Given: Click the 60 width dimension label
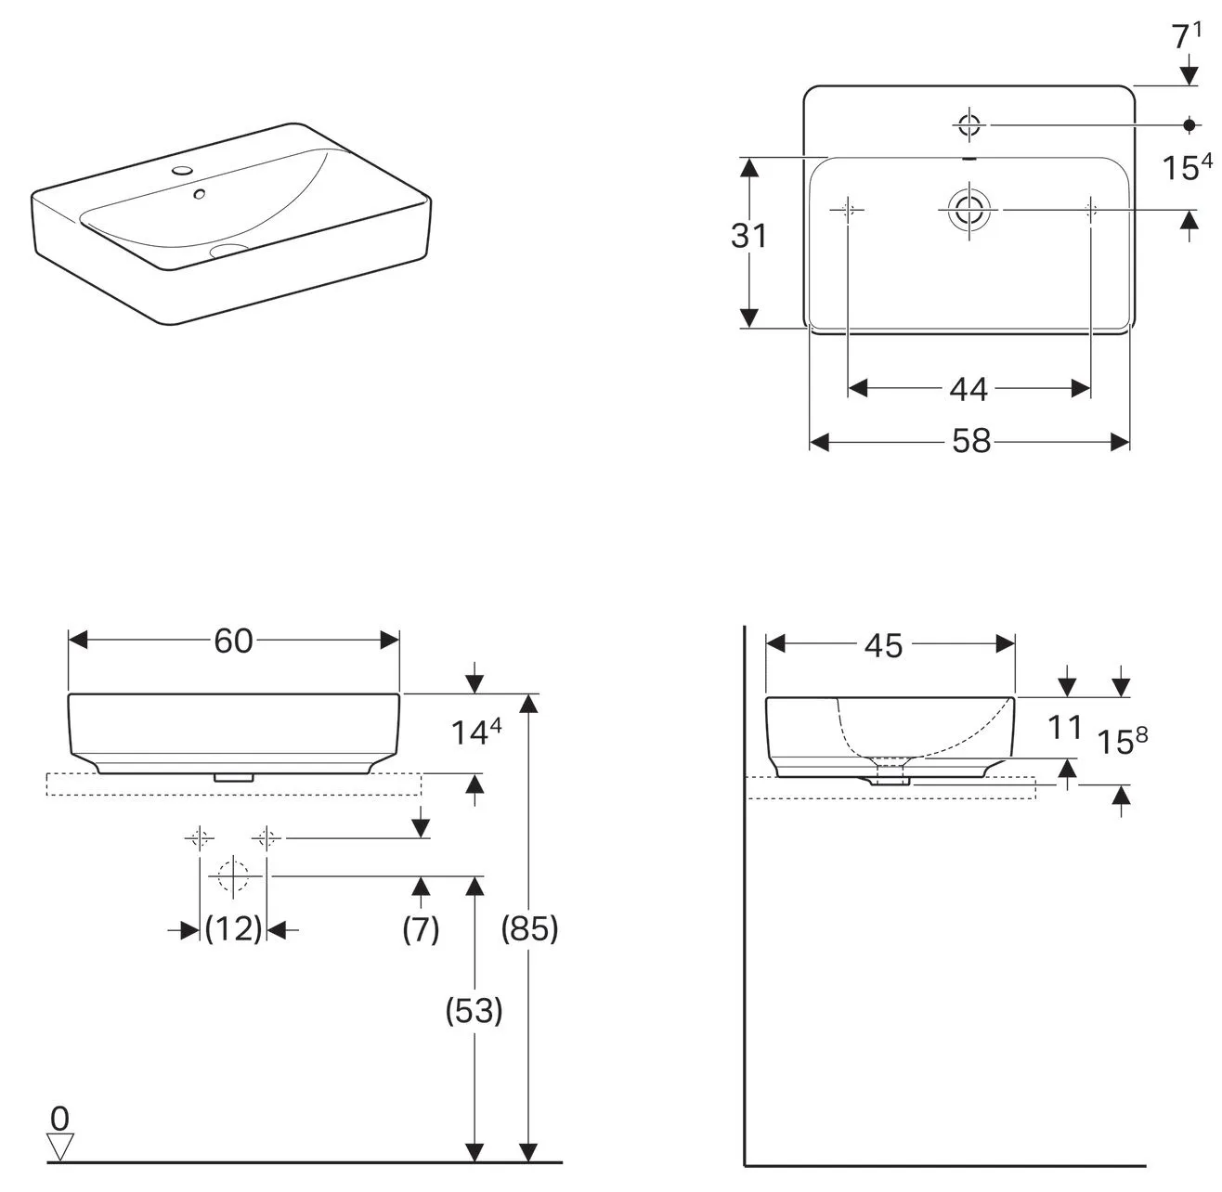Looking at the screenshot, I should (233, 641).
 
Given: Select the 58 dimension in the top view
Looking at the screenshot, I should (971, 442).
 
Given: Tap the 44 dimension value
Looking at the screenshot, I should (968, 389).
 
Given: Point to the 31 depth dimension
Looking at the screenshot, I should (748, 237).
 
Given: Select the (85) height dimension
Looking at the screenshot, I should (529, 928).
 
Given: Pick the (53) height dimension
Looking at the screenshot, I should (474, 1011).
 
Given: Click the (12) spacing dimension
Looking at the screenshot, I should (233, 928).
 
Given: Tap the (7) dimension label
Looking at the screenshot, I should (421, 928).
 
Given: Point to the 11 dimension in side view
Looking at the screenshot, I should (1066, 728).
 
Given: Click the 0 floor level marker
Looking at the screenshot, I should (59, 1117).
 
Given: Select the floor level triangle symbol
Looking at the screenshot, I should (59, 1147).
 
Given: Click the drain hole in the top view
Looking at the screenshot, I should (968, 210).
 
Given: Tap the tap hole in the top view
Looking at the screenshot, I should (968, 124).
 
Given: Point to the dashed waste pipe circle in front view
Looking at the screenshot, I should (232, 875).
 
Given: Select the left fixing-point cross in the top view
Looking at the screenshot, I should (848, 210).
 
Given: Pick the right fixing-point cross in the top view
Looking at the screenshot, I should (1090, 210).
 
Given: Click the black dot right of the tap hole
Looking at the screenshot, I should (1189, 124).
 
